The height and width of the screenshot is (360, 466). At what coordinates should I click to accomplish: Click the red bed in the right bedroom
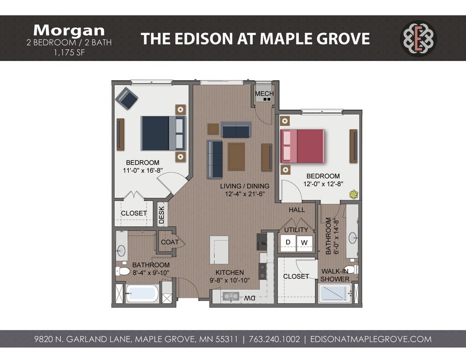(302, 146)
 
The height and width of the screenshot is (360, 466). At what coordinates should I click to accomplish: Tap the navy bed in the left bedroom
(163, 133)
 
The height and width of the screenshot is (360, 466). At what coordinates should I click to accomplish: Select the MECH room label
(264, 94)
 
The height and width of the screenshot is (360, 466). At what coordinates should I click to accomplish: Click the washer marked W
(304, 242)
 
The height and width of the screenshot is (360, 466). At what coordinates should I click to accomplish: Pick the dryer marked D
(288, 242)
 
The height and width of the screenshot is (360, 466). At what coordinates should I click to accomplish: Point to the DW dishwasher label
(250, 298)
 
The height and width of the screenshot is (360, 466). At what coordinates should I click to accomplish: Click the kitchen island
(219, 250)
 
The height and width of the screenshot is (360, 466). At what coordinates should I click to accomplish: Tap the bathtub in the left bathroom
(142, 294)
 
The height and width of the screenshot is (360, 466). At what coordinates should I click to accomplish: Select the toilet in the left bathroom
(122, 271)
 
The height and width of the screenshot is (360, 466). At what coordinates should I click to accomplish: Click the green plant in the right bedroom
(354, 194)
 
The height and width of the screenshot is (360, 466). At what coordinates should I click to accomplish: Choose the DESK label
(162, 215)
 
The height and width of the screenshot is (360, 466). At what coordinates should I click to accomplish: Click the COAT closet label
(170, 242)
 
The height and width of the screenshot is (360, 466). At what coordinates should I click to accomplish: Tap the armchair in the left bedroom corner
(127, 98)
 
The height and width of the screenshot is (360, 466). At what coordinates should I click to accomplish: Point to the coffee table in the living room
(236, 157)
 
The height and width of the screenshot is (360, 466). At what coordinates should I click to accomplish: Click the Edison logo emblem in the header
(419, 38)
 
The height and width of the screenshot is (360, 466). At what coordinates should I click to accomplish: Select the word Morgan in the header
(69, 30)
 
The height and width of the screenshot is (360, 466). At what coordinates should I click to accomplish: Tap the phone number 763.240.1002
(274, 339)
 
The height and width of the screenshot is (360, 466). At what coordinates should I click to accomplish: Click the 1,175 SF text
(69, 53)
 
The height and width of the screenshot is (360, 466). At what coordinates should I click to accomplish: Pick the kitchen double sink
(231, 296)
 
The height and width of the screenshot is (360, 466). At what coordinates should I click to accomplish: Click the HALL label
(297, 210)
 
